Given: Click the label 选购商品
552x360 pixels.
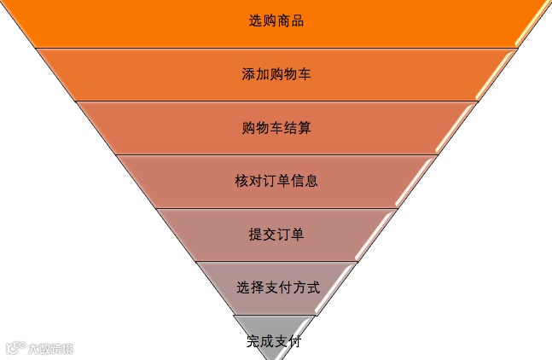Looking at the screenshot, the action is point(276,20).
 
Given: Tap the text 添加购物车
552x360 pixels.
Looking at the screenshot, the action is point(276,74).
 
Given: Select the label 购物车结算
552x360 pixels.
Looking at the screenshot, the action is point(276,128).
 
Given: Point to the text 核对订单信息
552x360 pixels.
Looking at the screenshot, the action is point(276,181).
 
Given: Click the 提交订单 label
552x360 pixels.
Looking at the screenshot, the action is point(276,235).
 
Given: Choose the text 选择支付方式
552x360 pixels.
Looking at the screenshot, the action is point(278,287).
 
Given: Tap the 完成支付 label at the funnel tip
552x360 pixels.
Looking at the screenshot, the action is point(274,342).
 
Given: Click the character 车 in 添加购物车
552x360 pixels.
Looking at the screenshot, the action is point(305,74).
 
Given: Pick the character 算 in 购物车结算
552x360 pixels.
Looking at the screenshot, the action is point(305,128).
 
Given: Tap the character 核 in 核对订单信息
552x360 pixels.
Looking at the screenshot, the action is point(241,181).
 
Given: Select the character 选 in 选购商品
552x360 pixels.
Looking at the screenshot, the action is point(255,20).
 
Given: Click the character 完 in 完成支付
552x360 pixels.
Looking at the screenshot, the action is point(253,342).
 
